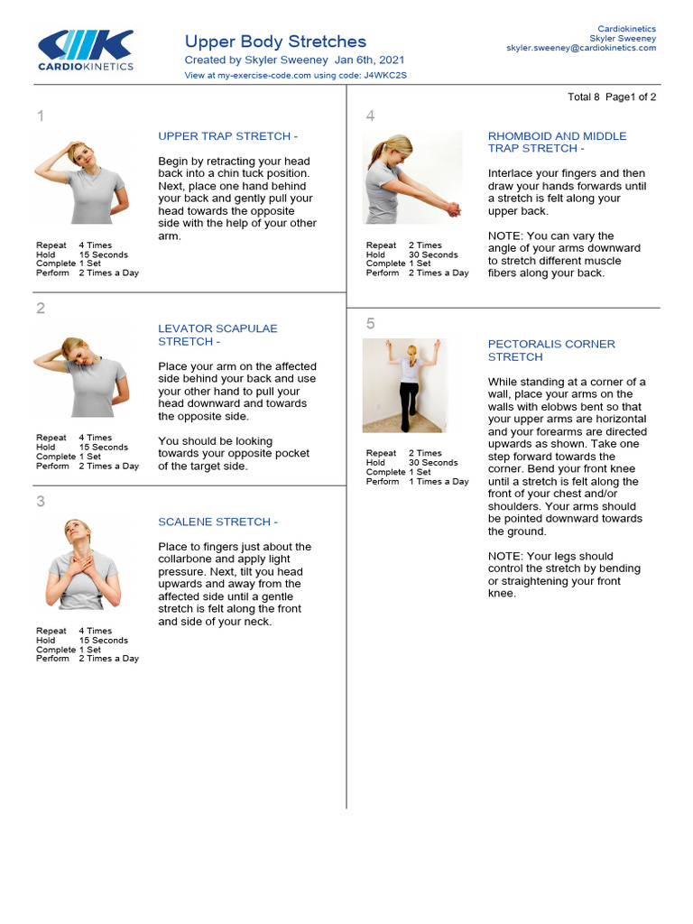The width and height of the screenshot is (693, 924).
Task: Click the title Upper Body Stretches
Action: click(275, 42)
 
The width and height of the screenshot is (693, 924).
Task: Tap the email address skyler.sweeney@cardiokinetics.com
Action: click(581, 48)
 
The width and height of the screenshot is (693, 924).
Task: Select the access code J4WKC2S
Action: click(385, 76)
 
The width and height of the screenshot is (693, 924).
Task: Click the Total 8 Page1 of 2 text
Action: click(612, 97)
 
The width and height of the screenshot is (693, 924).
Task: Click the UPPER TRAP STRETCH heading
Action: click(227, 136)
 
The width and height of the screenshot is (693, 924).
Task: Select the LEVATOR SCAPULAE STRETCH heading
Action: click(217, 336)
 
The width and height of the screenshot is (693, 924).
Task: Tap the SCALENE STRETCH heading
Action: click(217, 522)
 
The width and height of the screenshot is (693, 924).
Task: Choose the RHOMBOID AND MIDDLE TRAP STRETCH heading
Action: click(557, 143)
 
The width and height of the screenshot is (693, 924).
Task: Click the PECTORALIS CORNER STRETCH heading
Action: click(551, 350)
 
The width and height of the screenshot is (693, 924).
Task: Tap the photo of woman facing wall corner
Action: click(404, 385)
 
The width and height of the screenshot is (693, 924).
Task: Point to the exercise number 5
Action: click(370, 324)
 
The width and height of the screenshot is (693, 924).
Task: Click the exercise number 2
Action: click(41, 309)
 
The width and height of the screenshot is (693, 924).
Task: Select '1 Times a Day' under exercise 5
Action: click(439, 482)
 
